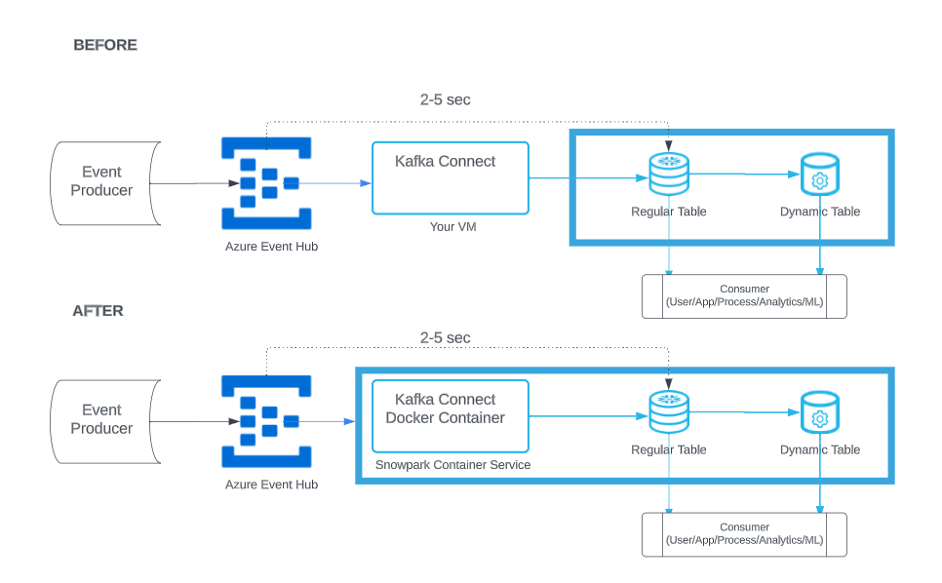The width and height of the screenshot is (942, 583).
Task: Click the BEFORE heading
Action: click(x=105, y=45)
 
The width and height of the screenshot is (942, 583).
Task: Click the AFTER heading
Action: click(x=98, y=311)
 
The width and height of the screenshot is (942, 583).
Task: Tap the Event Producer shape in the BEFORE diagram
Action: click(x=103, y=182)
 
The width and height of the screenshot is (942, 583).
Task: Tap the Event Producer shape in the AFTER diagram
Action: click(x=103, y=420)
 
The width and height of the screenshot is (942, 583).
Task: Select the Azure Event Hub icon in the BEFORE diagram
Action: click(x=266, y=183)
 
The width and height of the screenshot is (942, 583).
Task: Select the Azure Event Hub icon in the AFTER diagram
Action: click(x=266, y=421)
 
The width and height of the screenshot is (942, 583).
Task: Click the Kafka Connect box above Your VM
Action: click(x=450, y=178)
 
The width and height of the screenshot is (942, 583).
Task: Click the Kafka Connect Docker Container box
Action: click(x=450, y=415)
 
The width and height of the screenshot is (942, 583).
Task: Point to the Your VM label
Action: click(x=451, y=227)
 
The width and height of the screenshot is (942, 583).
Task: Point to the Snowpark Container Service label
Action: click(x=453, y=465)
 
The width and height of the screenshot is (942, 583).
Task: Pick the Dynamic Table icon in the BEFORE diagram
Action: click(x=819, y=175)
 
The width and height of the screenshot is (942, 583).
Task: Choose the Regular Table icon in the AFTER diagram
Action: click(x=669, y=412)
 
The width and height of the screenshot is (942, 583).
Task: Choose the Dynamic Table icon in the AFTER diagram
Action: click(x=819, y=413)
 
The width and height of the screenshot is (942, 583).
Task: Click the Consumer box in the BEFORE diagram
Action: click(x=744, y=296)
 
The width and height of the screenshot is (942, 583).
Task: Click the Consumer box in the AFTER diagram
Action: click(x=744, y=534)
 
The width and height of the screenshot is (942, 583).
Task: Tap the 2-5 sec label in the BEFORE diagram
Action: click(x=446, y=99)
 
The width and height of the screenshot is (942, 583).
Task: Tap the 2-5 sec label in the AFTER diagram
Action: click(x=446, y=337)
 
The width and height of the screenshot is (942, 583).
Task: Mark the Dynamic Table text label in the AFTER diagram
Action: click(x=820, y=449)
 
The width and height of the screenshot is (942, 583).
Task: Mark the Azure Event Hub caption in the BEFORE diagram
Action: click(x=271, y=247)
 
